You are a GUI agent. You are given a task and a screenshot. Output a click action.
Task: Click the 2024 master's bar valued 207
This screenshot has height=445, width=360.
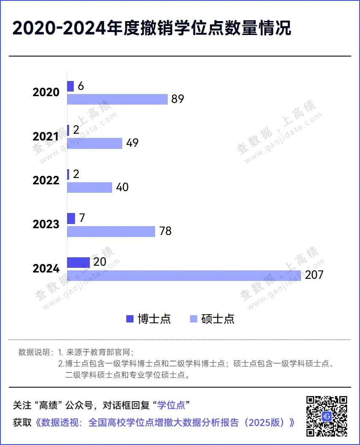click(x=184, y=275)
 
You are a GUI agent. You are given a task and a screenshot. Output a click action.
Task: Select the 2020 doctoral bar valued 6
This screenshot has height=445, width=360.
click(x=70, y=86)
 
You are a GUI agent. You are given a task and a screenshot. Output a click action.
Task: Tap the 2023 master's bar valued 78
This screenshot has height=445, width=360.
click(x=111, y=232)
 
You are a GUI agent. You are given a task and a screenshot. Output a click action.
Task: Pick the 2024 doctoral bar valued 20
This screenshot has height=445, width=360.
click(x=78, y=262)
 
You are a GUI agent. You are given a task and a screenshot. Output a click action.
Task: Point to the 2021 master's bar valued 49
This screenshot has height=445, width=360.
click(x=94, y=143)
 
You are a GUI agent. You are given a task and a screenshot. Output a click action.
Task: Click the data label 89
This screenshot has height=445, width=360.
click(x=178, y=99)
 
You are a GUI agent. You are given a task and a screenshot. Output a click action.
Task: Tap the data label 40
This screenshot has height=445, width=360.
click(x=122, y=187)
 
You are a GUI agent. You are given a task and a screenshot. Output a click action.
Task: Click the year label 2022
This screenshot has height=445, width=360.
click(x=46, y=180)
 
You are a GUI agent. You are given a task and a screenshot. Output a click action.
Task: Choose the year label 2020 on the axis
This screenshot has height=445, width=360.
click(x=46, y=92)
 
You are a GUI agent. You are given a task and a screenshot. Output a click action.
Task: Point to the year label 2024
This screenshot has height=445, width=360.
click(x=46, y=268)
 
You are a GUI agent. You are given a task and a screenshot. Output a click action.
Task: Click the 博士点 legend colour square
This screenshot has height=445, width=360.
click(x=130, y=319)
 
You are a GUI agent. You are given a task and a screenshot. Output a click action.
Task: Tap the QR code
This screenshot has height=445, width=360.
click(x=327, y=416)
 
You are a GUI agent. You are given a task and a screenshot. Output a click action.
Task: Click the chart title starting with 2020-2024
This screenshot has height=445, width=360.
click(x=152, y=29)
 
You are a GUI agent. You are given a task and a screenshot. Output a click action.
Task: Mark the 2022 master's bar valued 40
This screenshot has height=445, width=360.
click(x=90, y=187)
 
